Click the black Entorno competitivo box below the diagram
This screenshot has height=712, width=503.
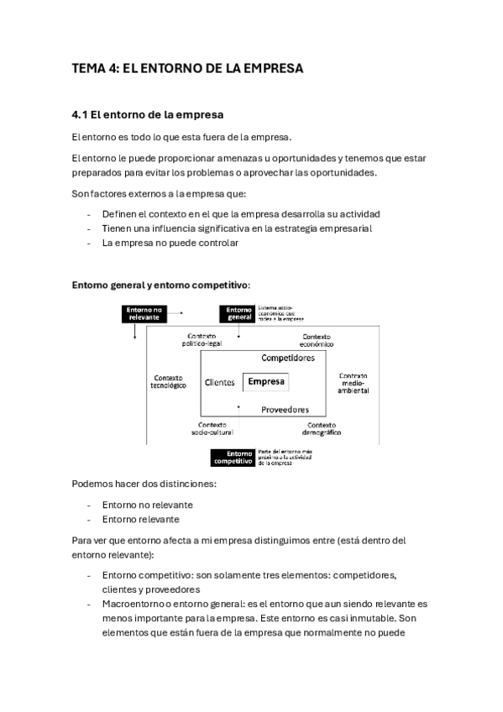click(x=233, y=457)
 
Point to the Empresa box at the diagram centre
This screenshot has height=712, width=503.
click(x=265, y=382)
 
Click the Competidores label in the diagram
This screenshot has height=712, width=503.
click(x=287, y=358)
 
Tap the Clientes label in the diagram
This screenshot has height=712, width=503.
click(x=219, y=383)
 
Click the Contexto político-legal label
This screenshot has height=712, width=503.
click(x=207, y=339)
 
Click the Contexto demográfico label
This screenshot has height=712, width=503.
click(x=321, y=429)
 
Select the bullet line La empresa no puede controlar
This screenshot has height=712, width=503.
click(x=170, y=243)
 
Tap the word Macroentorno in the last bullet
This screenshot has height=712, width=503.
click(x=133, y=604)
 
